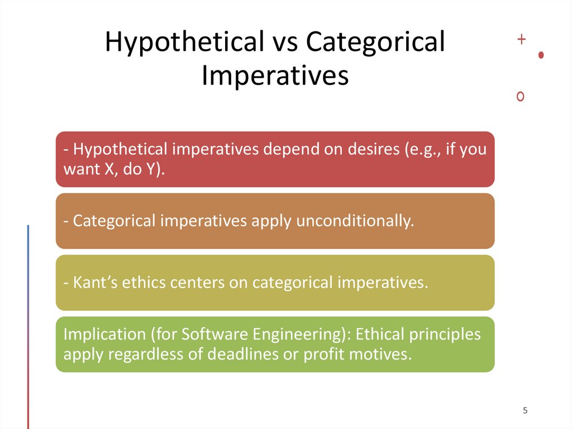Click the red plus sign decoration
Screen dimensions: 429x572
pyautogui.click(x=522, y=39)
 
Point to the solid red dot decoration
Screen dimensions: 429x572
pyautogui.click(x=541, y=55)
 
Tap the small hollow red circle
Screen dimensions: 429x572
pyautogui.click(x=521, y=97)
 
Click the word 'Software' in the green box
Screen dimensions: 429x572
pyautogui.click(x=214, y=334)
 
